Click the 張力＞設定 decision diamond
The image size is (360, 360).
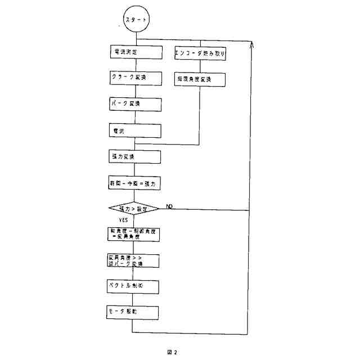[x=133, y=209]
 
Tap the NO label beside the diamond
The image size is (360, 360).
[x=169, y=207]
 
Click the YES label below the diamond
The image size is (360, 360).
[x=123, y=220]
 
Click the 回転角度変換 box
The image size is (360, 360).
[x=200, y=79]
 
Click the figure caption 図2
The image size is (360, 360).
[x=172, y=352]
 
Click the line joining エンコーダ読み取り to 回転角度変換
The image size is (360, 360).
[x=200, y=66]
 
